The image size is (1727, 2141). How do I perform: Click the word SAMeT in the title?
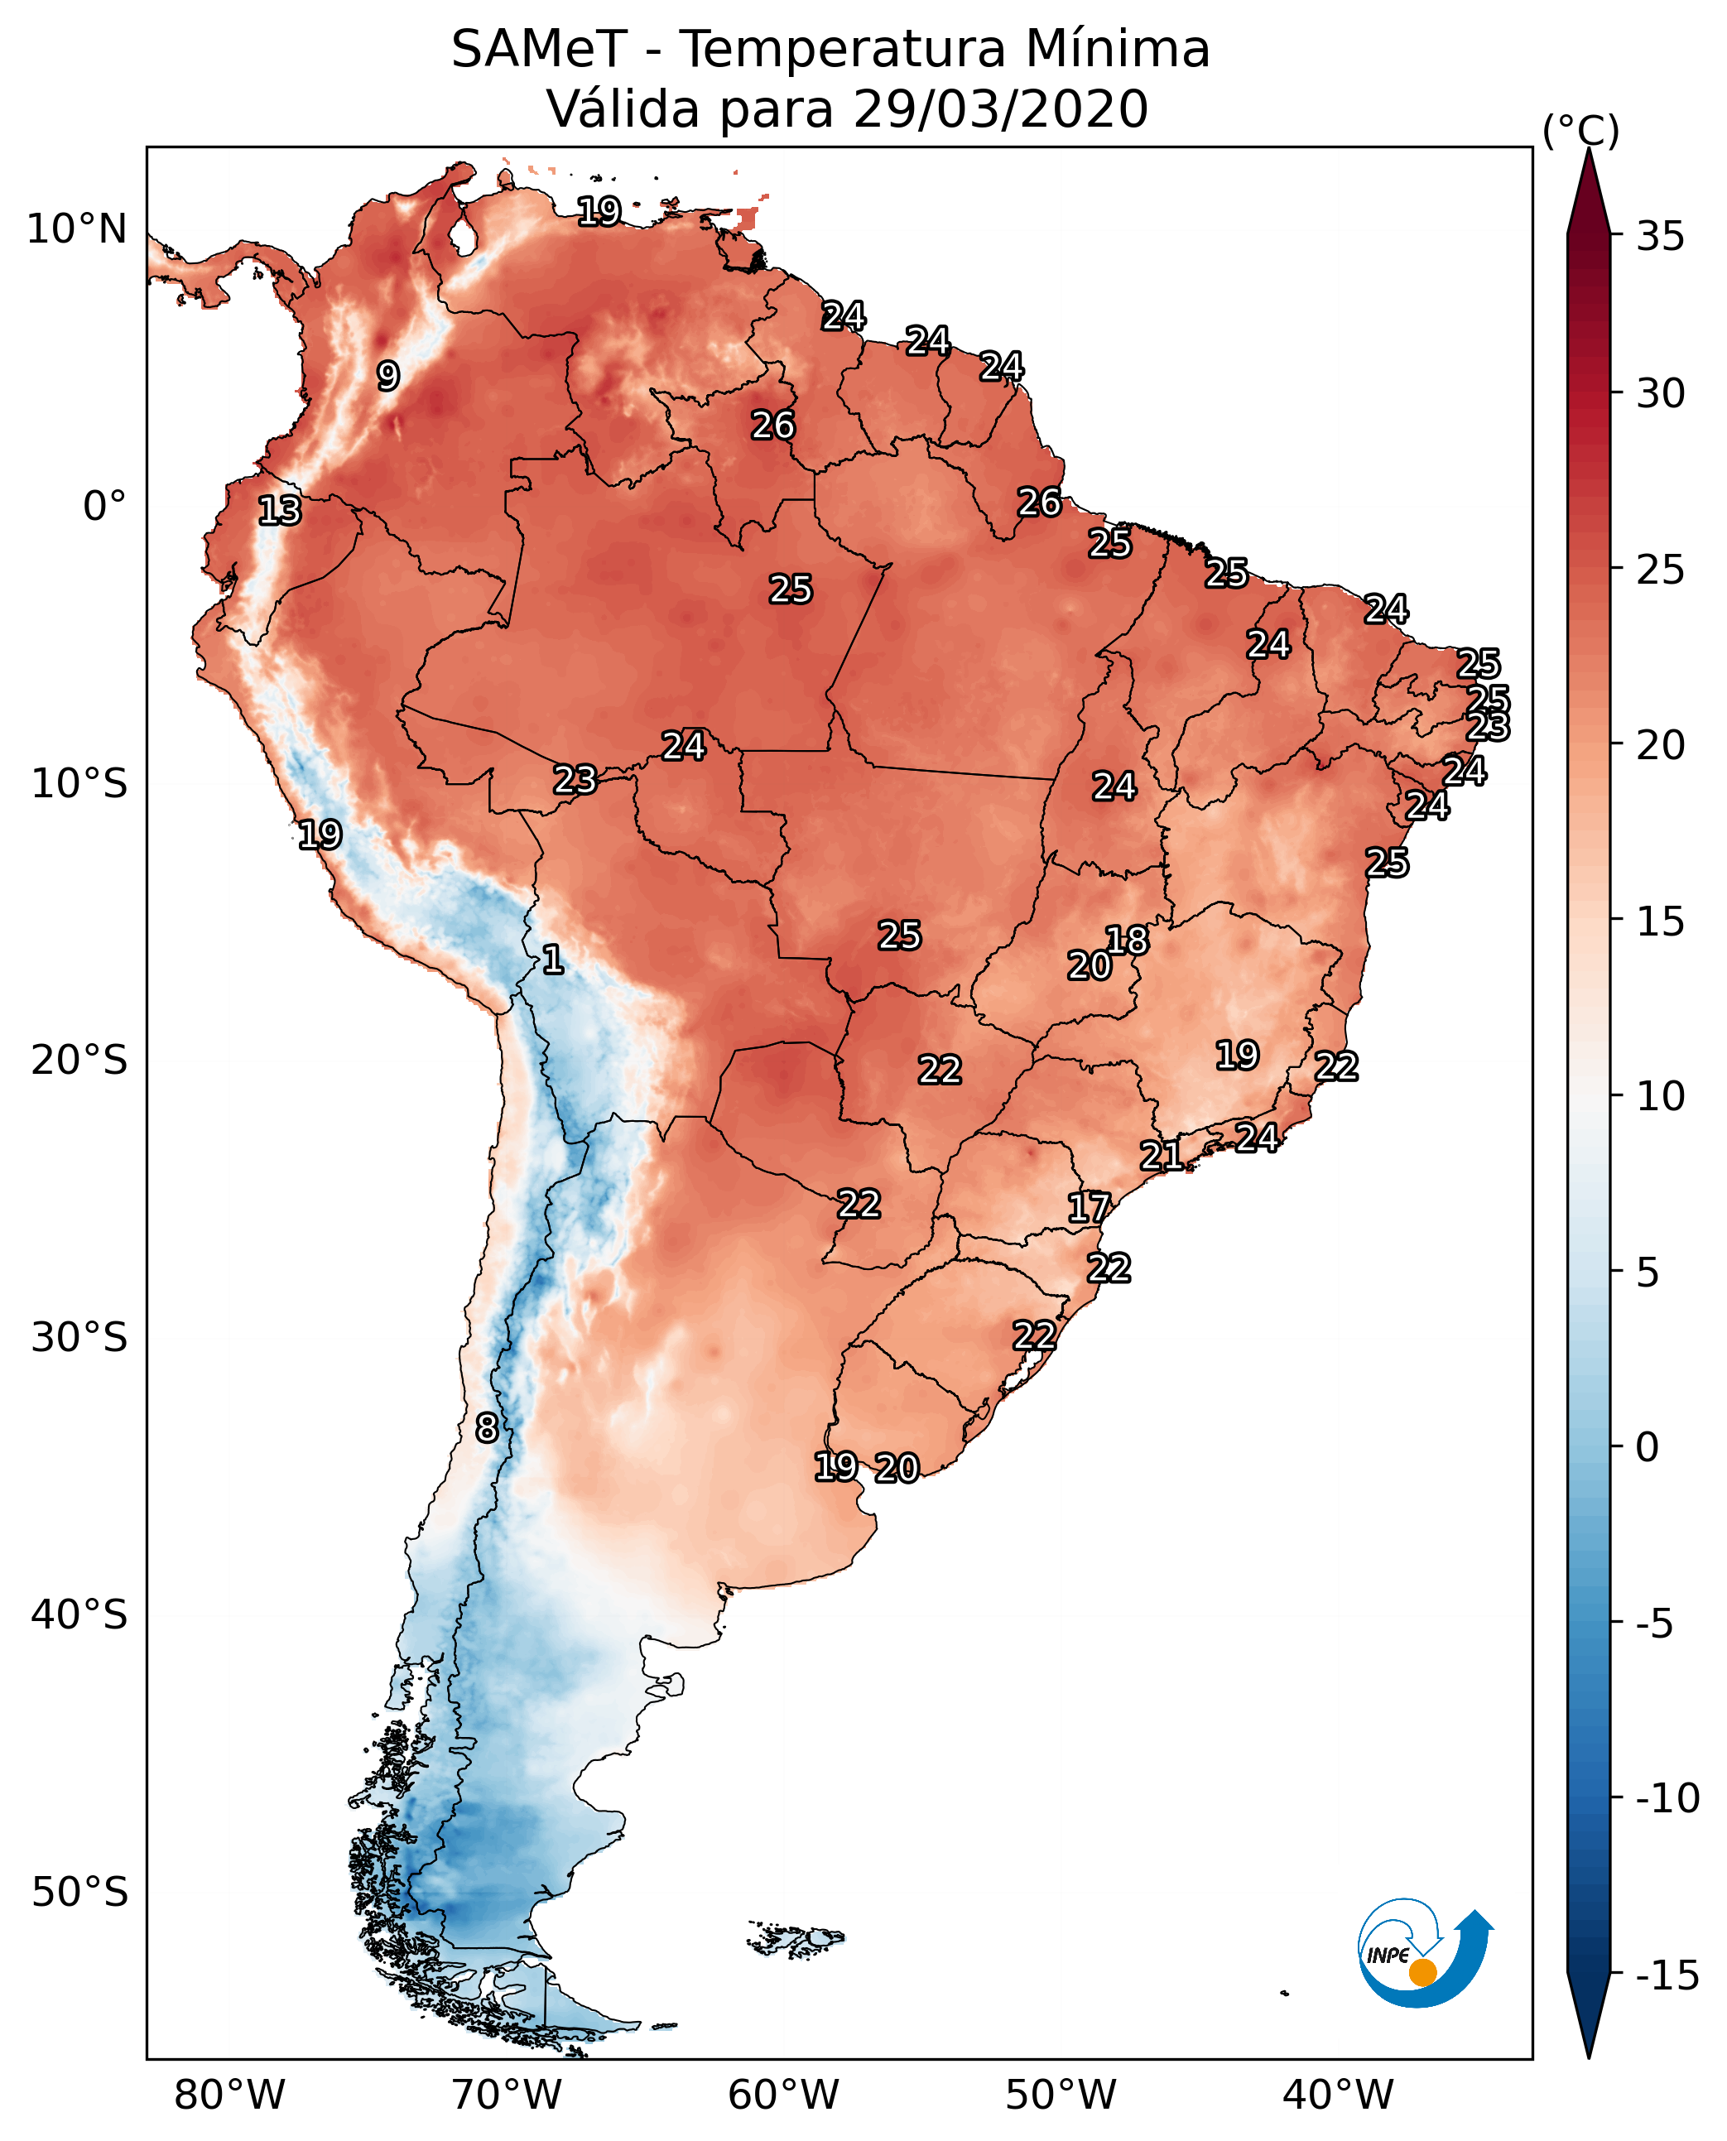539,50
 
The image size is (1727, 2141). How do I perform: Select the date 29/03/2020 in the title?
1000,109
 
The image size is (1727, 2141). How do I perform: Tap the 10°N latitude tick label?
77,230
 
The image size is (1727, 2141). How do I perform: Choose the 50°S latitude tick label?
79,1891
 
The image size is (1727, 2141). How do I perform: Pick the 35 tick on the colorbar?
1660,237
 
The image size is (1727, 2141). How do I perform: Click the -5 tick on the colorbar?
1659,1624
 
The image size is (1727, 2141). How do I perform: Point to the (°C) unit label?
1580,130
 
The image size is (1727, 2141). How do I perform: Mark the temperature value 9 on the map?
388,376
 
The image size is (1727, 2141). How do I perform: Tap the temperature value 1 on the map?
552,960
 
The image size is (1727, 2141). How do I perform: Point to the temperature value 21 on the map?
1161,1156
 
